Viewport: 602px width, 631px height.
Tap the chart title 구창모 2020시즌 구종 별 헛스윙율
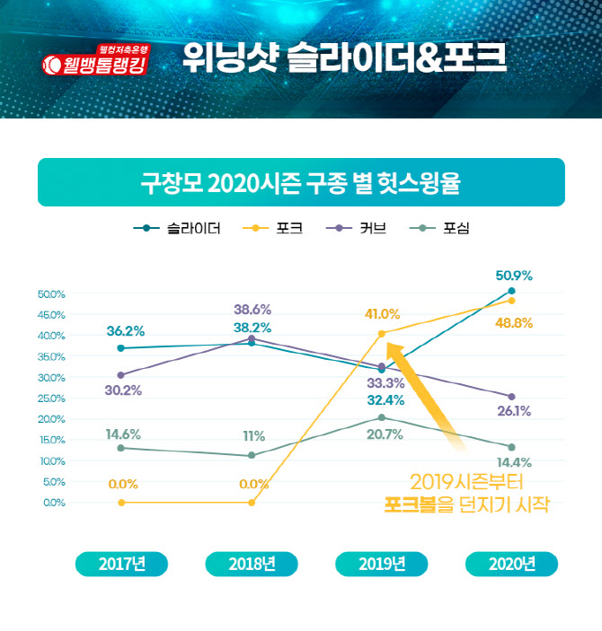coord(301,184)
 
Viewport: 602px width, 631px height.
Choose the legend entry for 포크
coord(273,228)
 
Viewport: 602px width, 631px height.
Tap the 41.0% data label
coord(382,313)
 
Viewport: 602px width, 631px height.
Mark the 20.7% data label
coord(384,434)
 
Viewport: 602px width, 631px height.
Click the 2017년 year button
coord(122,564)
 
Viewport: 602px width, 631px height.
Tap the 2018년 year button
coord(252,564)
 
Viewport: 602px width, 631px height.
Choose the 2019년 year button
coord(382,564)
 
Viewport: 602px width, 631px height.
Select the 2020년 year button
coord(511,564)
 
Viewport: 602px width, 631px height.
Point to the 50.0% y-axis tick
coord(52,294)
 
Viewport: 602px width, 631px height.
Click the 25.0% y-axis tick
coord(52,398)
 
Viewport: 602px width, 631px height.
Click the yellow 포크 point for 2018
coord(252,503)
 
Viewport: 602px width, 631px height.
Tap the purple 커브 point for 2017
coord(121,375)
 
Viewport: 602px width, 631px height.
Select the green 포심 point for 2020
coord(511,447)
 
